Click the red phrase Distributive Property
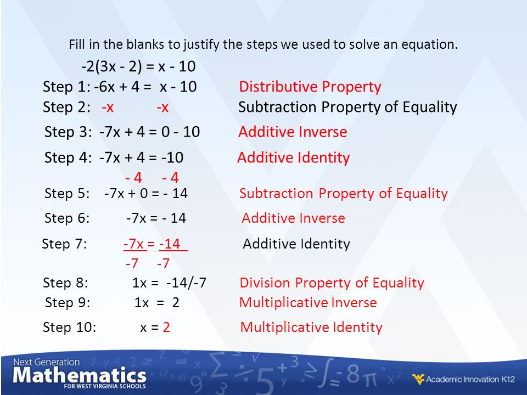click(x=310, y=87)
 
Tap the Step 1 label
click(x=66, y=87)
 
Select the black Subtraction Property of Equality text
click(x=347, y=108)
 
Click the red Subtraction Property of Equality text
click(x=344, y=194)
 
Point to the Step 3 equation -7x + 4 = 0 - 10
click(x=149, y=132)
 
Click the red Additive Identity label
click(x=293, y=157)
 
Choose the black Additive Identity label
click(x=296, y=244)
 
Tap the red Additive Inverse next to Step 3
click(x=293, y=132)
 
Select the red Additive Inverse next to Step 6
click(x=293, y=218)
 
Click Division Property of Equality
click(x=332, y=283)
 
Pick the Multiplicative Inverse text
click(x=308, y=303)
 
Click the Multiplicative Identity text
click(x=311, y=328)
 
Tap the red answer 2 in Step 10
click(x=166, y=327)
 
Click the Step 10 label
click(x=70, y=327)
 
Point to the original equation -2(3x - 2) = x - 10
click(x=138, y=66)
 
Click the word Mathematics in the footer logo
click(x=80, y=375)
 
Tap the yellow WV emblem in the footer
click(x=418, y=379)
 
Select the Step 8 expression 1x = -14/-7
click(x=169, y=283)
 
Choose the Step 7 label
click(x=64, y=244)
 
